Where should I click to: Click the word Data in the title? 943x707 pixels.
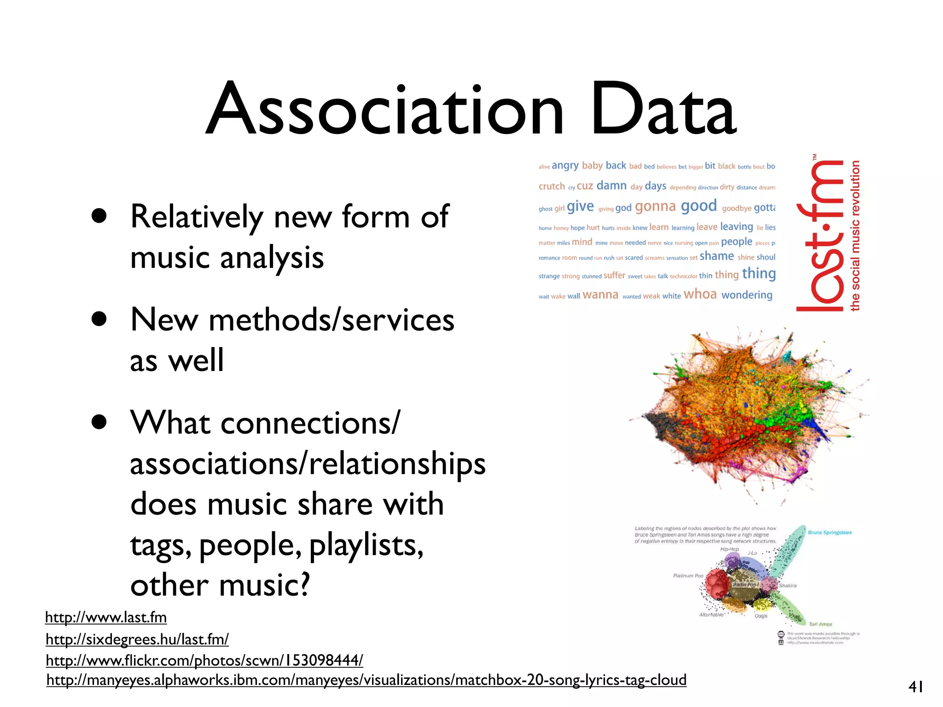[664, 110]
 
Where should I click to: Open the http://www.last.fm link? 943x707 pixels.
[106, 617]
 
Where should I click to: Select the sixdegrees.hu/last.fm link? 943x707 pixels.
[137, 639]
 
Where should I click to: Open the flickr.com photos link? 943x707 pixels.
[204, 661]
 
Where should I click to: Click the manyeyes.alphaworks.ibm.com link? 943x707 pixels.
[367, 680]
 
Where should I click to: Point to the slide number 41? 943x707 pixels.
[915, 687]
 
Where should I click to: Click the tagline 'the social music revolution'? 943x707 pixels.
[855, 236]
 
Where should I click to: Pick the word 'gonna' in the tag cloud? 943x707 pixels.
[655, 207]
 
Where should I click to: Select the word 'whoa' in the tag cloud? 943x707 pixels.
[700, 294]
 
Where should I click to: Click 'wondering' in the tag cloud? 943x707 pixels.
[746, 295]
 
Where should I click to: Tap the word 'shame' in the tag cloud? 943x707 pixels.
[716, 256]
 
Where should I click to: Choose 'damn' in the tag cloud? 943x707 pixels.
[611, 185]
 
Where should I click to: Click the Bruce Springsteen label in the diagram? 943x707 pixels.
[830, 533]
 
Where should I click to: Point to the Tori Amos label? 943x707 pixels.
[821, 624]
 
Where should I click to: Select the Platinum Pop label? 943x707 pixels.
[688, 576]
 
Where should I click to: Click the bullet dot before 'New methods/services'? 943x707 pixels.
[99, 319]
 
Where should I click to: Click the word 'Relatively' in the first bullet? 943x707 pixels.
[197, 216]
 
